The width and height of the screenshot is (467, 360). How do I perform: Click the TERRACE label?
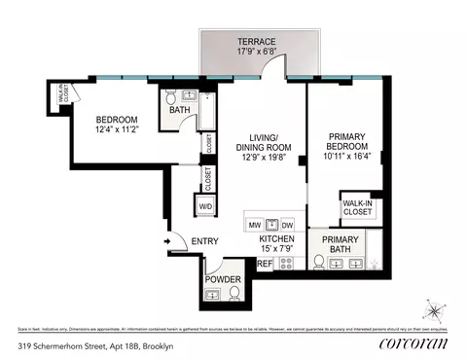coord(255,41)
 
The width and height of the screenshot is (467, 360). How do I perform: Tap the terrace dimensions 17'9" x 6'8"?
coord(255,53)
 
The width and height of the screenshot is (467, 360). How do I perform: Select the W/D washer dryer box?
coord(206,206)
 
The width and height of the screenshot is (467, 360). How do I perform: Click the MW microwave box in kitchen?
coord(255,223)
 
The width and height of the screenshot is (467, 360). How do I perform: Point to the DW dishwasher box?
coord(288,223)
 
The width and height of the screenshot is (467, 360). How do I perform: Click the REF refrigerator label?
coord(265,263)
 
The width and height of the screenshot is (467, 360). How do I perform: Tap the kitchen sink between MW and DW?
coord(271,223)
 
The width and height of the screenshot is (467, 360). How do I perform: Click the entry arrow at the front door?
coord(167,242)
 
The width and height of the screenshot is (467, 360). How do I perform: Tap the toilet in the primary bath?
coord(318,261)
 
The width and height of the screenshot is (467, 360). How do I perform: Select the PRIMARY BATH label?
coord(339,245)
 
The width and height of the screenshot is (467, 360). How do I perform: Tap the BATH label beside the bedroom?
coord(179,111)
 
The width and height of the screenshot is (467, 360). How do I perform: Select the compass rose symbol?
coord(431,311)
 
